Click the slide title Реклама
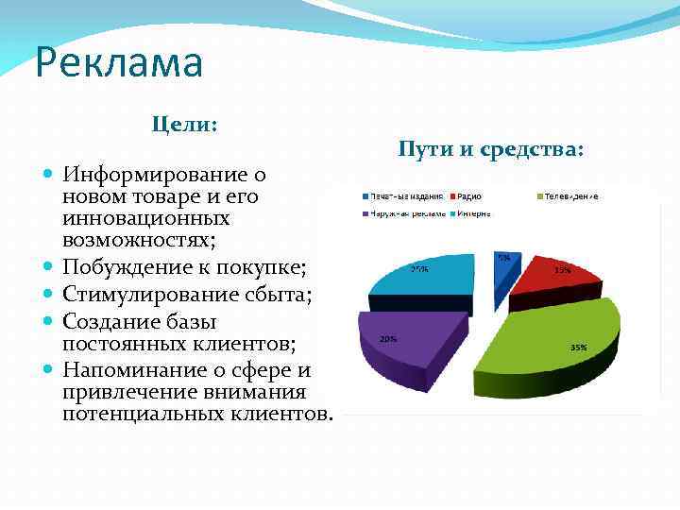[119, 64]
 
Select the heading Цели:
[185, 125]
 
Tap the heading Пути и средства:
[491, 149]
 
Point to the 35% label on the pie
[578, 348]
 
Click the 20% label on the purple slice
[387, 338]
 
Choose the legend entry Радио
[468, 196]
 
